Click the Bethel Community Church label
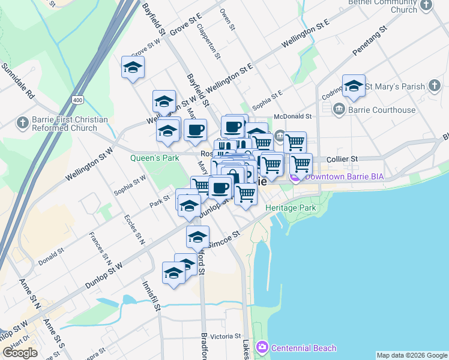coord(395,5)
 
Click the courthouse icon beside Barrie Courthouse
coord(339,109)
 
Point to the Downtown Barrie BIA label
coord(344,176)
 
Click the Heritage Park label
coord(291,207)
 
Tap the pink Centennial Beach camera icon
coord(262,348)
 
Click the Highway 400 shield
coord(77,99)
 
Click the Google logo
coord(20,353)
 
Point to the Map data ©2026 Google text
coord(412,355)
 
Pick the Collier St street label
coord(343,159)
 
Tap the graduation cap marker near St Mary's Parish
coord(354,86)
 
